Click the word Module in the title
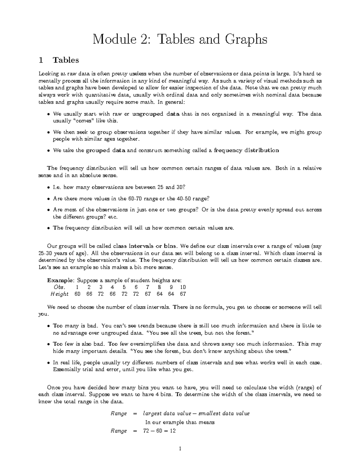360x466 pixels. [x=112, y=40]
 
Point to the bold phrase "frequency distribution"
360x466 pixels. [x=246, y=150]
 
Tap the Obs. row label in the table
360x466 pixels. [x=57, y=287]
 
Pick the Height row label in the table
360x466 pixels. [x=59, y=294]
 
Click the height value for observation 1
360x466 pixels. [x=77, y=294]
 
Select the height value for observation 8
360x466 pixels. [x=160, y=294]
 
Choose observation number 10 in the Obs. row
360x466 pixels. [x=183, y=287]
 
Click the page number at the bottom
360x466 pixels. [x=180, y=449]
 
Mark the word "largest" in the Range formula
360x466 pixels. [x=152, y=413]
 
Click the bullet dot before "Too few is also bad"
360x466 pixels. [x=49, y=344]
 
